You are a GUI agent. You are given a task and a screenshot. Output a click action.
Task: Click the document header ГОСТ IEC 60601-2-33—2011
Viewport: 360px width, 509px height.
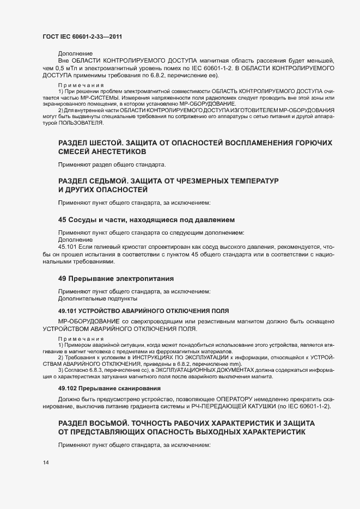click(82, 36)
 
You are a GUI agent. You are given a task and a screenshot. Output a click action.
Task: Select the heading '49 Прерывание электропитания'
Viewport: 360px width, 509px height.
click(115, 278)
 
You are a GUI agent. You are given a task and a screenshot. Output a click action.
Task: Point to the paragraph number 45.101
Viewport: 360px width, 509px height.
click(68, 247)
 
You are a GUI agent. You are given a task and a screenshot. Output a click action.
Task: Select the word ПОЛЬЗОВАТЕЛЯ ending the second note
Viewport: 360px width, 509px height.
click(77, 123)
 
